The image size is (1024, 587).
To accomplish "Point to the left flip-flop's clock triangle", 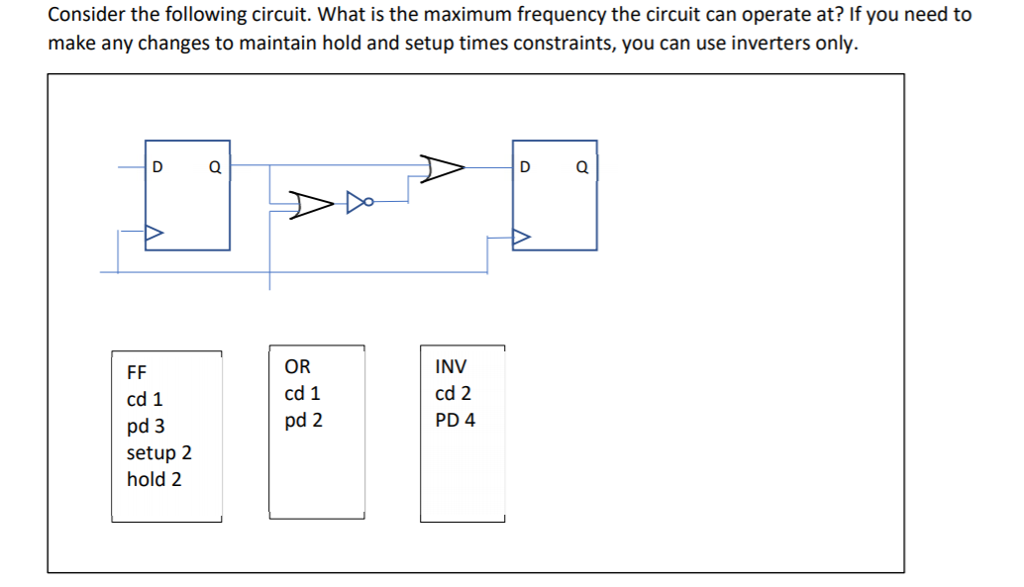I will click(154, 235).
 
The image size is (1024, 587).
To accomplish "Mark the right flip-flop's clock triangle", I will click(521, 238).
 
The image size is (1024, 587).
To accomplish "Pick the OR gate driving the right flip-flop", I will click(442, 169).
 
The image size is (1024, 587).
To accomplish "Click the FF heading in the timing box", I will click(137, 373).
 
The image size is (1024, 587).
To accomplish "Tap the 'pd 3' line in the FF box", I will click(146, 427).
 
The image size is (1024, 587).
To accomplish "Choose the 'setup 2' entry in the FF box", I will click(159, 453).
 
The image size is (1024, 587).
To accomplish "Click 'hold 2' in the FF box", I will click(154, 480).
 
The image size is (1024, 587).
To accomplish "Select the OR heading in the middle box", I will click(297, 366).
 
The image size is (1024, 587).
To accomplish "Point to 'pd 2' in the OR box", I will click(303, 420).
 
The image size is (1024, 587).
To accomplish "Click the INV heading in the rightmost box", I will click(451, 366).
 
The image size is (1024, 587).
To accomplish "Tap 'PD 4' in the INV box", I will click(455, 420).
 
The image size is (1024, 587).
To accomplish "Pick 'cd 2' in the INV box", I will click(454, 393).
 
